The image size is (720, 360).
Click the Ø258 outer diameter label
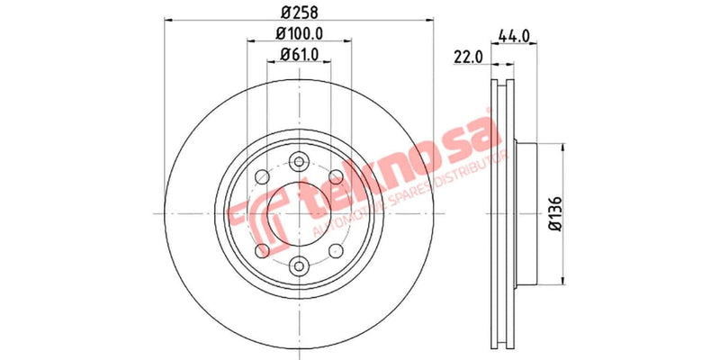click(x=299, y=13)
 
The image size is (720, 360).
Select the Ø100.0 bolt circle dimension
click(x=299, y=33)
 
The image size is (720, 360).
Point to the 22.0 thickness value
click(x=469, y=57)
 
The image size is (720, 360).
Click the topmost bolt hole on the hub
click(x=299, y=162)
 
